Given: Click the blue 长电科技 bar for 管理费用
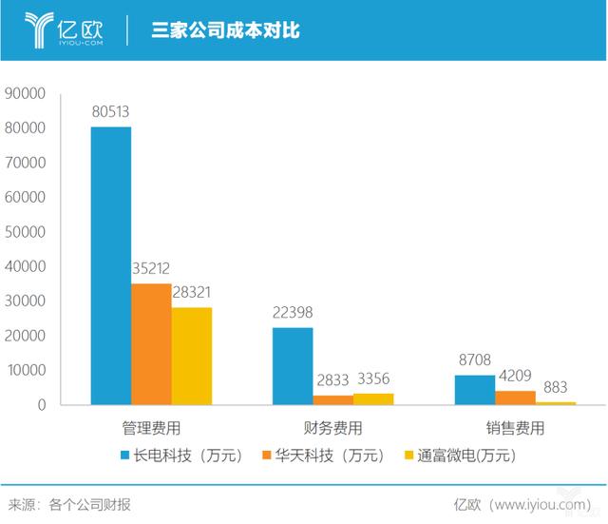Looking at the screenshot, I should point(111,265).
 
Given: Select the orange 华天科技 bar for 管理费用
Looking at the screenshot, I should point(151,343).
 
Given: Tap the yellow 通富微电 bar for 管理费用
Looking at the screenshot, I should point(191,356).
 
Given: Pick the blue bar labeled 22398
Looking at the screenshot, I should point(293,366).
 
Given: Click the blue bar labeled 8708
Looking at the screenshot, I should point(474,390).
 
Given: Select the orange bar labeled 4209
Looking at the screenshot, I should point(514,398).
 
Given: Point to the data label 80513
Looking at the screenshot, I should point(111,112).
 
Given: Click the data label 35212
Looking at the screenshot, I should point(151,269).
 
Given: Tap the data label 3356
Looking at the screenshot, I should point(372,378).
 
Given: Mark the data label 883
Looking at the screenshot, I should point(554,387).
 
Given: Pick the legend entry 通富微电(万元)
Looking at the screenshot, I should point(460,456).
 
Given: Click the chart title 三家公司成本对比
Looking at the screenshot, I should point(226,30).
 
